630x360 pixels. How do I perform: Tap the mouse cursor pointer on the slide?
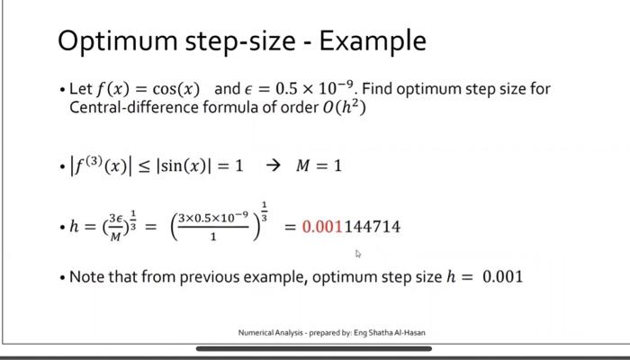(358, 255)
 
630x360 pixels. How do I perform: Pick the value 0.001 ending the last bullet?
(502, 276)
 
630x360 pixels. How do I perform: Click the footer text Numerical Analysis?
(269, 332)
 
